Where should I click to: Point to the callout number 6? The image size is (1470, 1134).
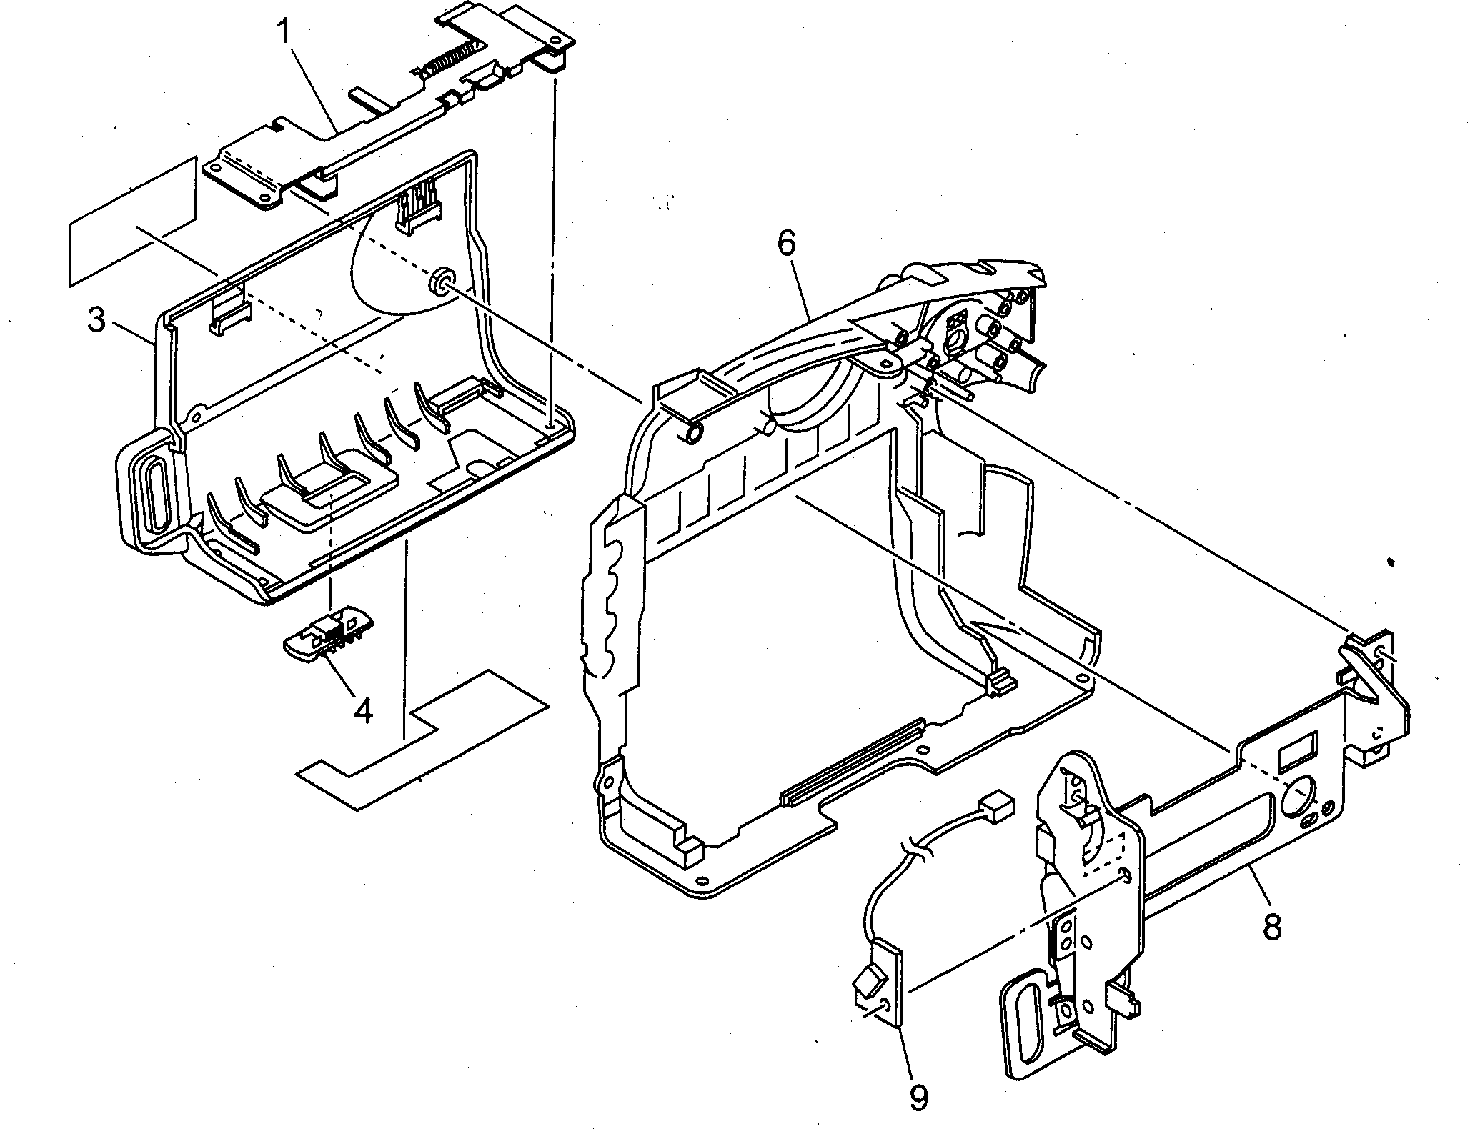tap(785, 244)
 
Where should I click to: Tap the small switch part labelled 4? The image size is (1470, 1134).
tap(328, 635)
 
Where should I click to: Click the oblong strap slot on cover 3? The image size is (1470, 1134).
tap(155, 494)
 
